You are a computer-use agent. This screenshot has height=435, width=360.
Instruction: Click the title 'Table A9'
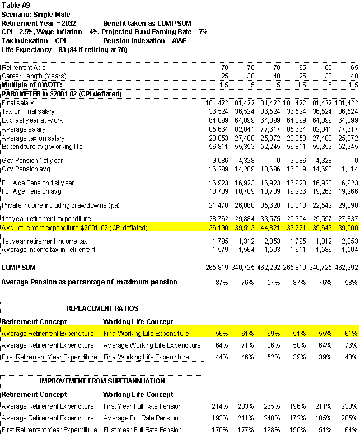[x=15, y=4]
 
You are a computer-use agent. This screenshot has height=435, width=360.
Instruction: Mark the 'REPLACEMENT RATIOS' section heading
[x=101, y=309]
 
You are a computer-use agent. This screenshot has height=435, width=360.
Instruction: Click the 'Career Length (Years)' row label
[x=32, y=76]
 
